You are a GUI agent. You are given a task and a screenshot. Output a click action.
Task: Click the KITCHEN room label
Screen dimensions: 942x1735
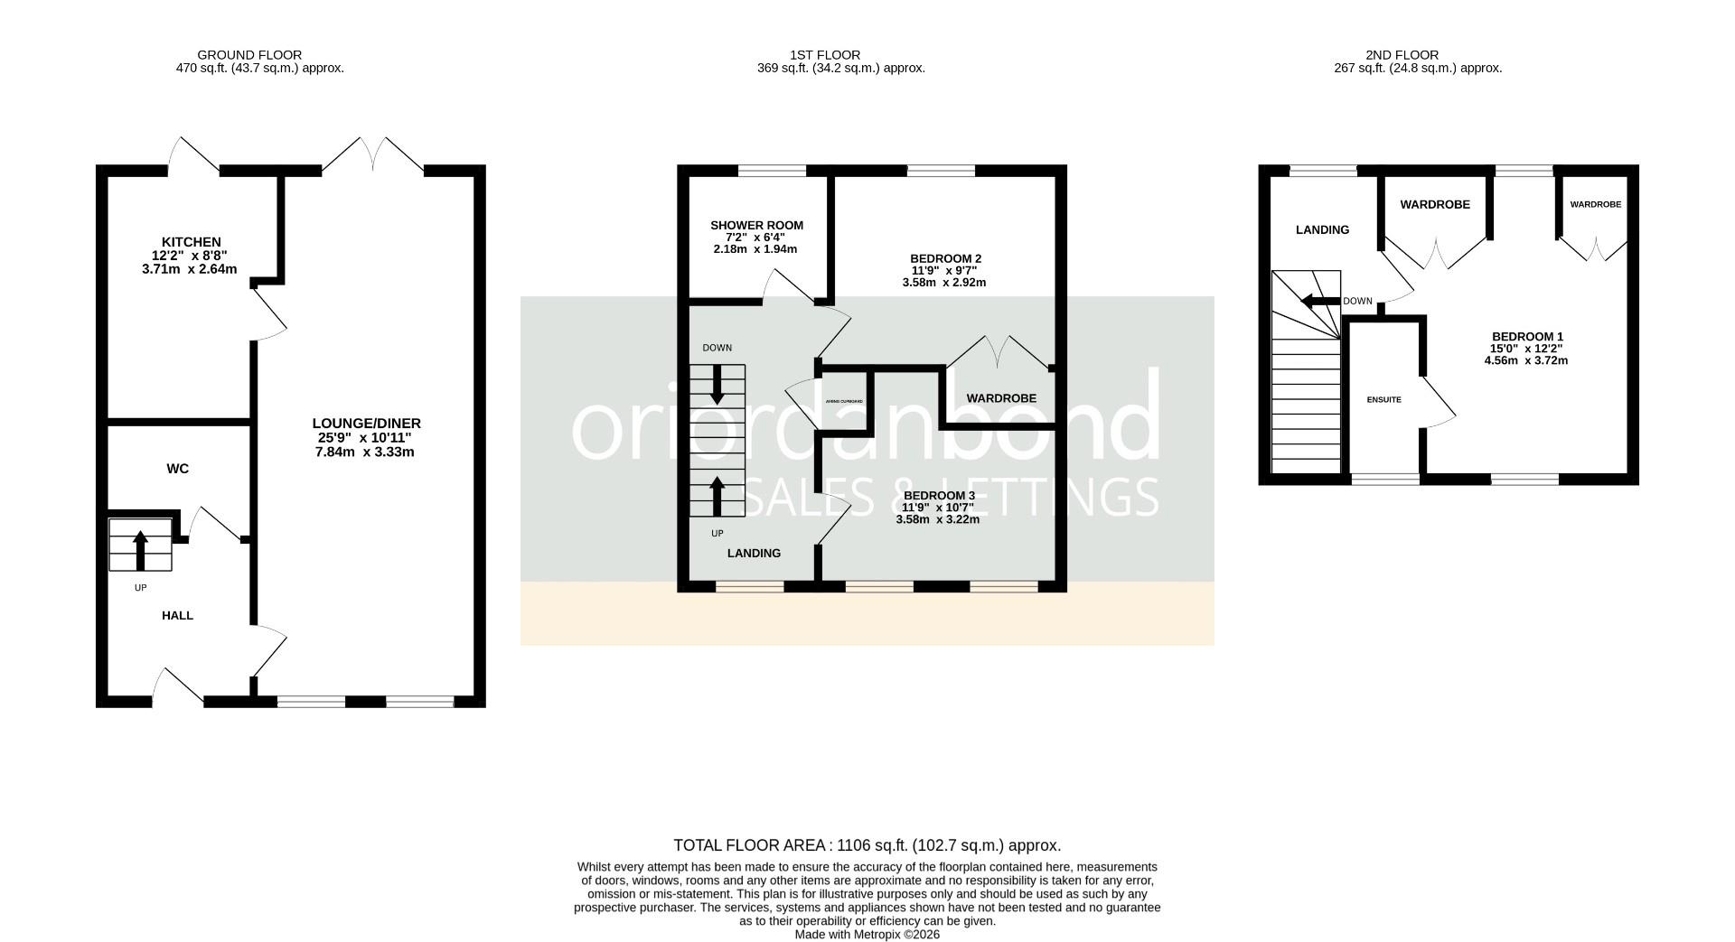pyautogui.click(x=191, y=242)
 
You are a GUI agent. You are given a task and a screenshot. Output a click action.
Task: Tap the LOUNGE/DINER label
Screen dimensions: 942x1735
pyautogui.click(x=366, y=423)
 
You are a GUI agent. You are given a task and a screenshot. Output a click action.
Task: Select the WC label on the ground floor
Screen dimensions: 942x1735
pyautogui.click(x=178, y=469)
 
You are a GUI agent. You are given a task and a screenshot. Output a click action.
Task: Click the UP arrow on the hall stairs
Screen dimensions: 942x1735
pyautogui.click(x=140, y=548)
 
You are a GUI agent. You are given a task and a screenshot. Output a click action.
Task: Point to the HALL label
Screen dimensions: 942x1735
pyautogui.click(x=177, y=615)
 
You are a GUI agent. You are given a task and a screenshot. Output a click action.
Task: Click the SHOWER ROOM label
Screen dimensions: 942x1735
pyautogui.click(x=756, y=226)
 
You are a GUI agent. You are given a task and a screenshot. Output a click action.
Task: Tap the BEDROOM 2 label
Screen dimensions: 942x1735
pyautogui.click(x=945, y=258)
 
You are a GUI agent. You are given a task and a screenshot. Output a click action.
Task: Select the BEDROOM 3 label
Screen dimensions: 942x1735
pyautogui.click(x=939, y=496)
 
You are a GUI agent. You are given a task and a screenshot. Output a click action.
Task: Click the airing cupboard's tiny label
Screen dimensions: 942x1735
pyautogui.click(x=844, y=401)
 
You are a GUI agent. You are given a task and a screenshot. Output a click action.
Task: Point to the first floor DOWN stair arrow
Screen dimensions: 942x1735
pyautogui.click(x=717, y=385)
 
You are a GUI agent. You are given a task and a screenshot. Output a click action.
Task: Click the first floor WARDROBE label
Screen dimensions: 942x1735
pyautogui.click(x=1001, y=398)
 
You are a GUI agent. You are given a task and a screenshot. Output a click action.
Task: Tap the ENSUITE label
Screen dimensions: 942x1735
pyautogui.click(x=1383, y=399)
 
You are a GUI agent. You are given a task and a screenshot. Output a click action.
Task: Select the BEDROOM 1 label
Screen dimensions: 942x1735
pyautogui.click(x=1526, y=336)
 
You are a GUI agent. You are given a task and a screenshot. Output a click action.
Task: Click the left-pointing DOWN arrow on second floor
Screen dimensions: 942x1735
pyautogui.click(x=1319, y=302)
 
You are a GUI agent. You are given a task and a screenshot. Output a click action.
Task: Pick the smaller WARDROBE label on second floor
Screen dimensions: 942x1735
pyautogui.click(x=1595, y=205)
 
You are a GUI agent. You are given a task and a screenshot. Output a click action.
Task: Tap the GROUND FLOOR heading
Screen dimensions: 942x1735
pyautogui.click(x=249, y=55)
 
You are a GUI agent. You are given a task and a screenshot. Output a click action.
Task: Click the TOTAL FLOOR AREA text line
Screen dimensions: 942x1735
pyautogui.click(x=867, y=845)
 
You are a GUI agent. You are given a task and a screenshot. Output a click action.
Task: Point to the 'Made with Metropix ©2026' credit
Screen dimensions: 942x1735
pyautogui.click(x=867, y=935)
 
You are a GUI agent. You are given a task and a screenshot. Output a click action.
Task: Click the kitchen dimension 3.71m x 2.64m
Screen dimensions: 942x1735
pyautogui.click(x=189, y=269)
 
